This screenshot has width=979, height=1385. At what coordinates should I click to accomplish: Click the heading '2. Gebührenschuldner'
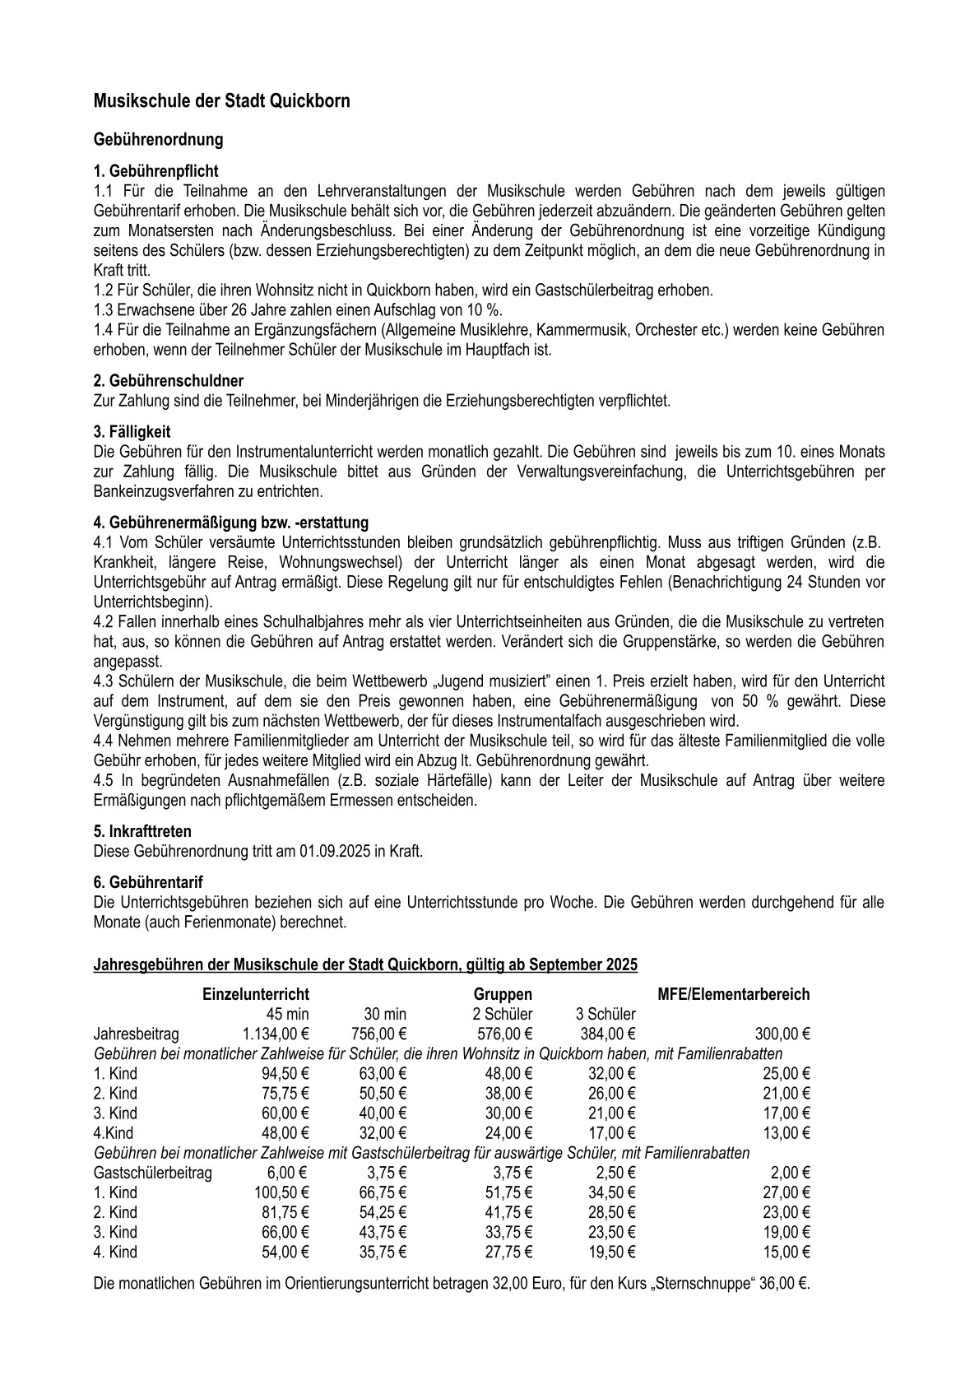pos(168,381)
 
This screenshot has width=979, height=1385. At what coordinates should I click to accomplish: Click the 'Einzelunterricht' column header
pos(256,994)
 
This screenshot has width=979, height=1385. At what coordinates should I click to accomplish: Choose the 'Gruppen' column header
pos(503,994)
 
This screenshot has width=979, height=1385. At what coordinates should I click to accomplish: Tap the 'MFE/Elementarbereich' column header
pos(734,994)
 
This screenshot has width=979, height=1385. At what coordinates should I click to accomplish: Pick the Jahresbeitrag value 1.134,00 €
pos(276,1034)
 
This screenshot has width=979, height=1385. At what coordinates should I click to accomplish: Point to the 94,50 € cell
pos(282,1073)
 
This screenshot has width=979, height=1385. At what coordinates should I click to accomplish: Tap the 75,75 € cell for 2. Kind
pos(282,1093)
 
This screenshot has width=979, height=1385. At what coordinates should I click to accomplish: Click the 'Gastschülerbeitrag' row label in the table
pos(154,1173)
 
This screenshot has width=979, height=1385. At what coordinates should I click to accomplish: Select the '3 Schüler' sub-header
pos(605,1014)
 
